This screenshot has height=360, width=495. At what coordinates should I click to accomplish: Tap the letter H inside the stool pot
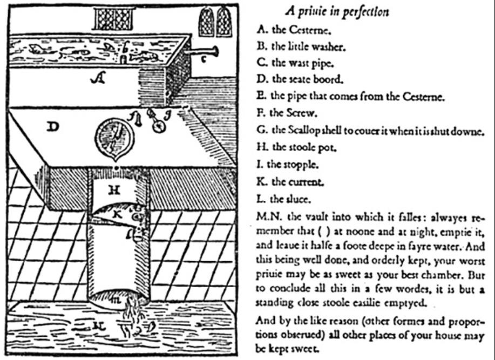coord(113,189)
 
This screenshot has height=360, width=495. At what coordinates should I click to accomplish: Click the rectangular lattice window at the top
coord(113,19)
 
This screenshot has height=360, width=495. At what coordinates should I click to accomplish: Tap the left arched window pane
coord(206,22)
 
